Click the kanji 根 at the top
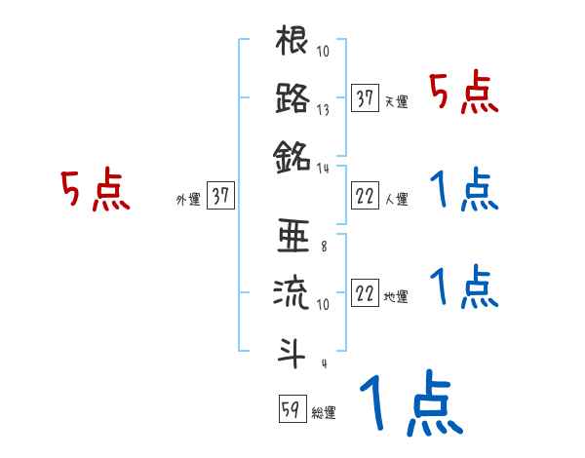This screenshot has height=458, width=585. click(292, 43)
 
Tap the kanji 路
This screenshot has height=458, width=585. click(292, 97)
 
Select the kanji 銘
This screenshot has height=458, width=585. click(292, 154)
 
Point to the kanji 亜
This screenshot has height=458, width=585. click(292, 237)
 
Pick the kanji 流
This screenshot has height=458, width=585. click(292, 293)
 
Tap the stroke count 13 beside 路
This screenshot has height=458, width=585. click(324, 111)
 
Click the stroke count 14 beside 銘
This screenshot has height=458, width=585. click(324, 168)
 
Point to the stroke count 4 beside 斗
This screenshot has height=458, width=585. click(323, 363)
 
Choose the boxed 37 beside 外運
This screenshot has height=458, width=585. click(220, 196)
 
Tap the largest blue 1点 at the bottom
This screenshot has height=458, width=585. click(409, 402)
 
